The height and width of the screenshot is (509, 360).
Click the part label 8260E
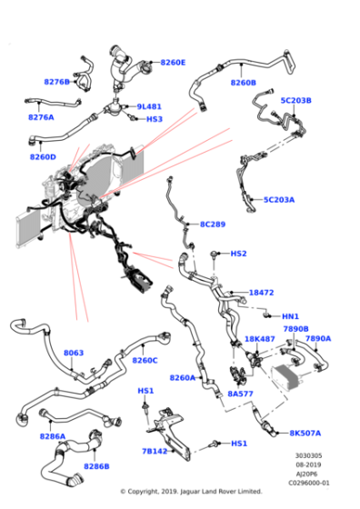[173, 63]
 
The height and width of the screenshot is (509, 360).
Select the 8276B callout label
[56, 82]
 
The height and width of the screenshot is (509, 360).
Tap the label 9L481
[149, 106]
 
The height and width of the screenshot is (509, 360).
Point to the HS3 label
[155, 119]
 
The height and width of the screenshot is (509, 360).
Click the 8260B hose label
[243, 83]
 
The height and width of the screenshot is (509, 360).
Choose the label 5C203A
[279, 200]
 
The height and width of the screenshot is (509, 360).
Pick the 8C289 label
[213, 224]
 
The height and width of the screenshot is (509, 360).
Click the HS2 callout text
[238, 254]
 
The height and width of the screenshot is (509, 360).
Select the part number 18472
[261, 293]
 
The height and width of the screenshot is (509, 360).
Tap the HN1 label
[290, 316]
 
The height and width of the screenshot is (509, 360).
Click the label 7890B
[295, 329]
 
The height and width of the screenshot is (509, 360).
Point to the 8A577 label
[240, 394]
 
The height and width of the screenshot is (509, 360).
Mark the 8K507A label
[305, 433]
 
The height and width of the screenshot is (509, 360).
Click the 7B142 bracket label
[155, 451]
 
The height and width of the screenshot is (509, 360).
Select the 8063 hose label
[74, 353]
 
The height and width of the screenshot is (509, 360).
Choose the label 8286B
[96, 466]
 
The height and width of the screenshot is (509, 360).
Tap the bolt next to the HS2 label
[215, 254]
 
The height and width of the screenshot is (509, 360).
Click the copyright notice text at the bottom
[191, 492]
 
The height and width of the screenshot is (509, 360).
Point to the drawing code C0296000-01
[309, 483]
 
